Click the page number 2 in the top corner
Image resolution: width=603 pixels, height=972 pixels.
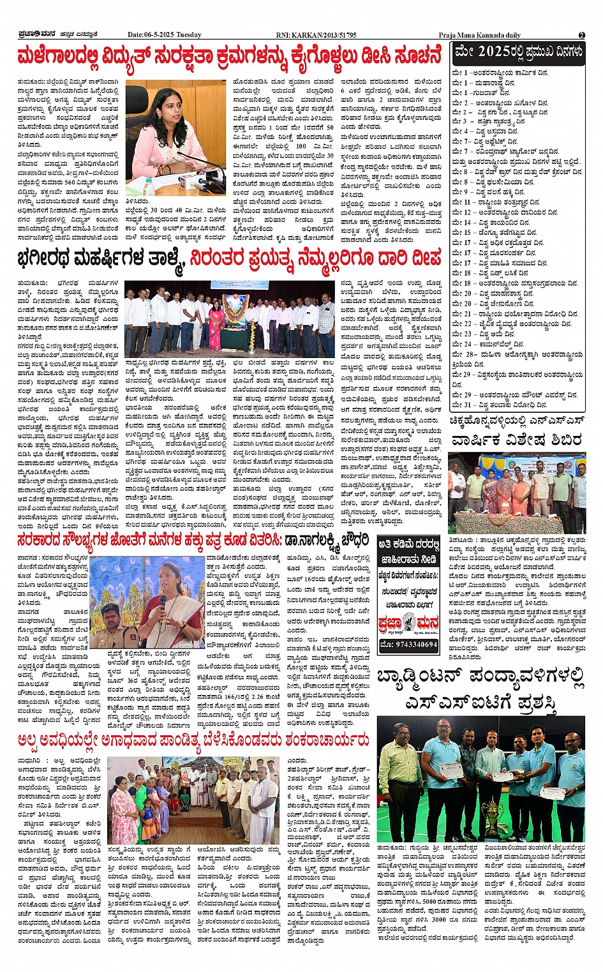[581, 34]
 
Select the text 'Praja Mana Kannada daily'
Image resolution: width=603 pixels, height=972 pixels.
[479, 34]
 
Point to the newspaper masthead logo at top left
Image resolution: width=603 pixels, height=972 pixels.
[38, 34]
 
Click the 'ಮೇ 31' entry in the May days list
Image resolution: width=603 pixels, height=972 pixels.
[461, 405]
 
